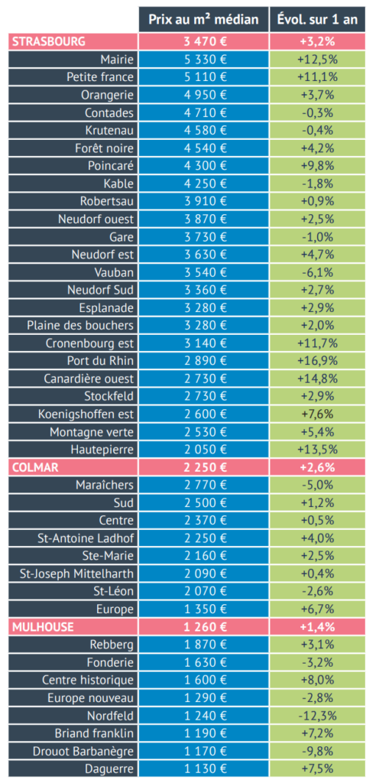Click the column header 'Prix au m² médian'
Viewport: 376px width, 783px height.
[x=204, y=20]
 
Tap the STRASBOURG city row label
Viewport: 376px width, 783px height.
[x=48, y=41]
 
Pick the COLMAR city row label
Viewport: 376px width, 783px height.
[x=35, y=467]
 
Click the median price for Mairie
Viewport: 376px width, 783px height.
[x=204, y=60]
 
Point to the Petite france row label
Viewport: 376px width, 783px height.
[x=100, y=77]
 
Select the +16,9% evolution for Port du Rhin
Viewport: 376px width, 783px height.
[x=317, y=361]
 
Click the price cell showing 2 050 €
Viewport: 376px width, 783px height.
[x=204, y=450]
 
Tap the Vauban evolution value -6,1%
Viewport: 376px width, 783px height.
[x=317, y=272]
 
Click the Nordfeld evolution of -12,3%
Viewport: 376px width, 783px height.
[x=317, y=716]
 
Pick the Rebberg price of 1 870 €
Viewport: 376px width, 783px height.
[x=204, y=645]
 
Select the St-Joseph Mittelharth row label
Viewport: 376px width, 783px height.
[x=77, y=573]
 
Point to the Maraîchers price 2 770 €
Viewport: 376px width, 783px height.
[x=204, y=485]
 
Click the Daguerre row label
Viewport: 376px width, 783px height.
[x=112, y=768]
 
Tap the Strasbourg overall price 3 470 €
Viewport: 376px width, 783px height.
[x=204, y=41]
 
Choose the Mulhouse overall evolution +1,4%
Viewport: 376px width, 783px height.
[x=317, y=627]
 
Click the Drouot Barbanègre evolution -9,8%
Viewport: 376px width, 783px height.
[x=317, y=751]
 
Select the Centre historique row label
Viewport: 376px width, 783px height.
[x=88, y=680]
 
